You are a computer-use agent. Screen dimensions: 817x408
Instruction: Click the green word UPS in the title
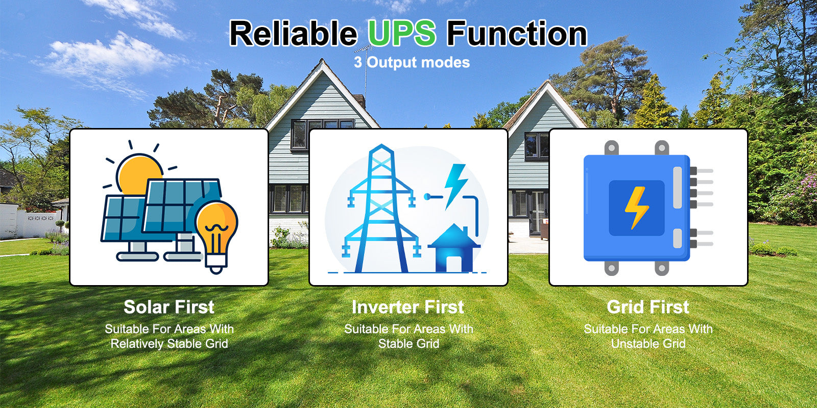(402, 33)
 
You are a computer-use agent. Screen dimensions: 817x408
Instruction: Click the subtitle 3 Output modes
(412, 62)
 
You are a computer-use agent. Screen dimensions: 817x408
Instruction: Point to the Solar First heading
(169, 307)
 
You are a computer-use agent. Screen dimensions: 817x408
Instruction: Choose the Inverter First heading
(408, 307)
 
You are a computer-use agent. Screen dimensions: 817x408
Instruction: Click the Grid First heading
(648, 307)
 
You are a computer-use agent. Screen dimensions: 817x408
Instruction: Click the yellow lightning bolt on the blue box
(636, 208)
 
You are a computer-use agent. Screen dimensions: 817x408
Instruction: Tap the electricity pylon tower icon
(381, 210)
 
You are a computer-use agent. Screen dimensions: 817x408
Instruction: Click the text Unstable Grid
(648, 344)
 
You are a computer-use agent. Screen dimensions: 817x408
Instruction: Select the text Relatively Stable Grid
(169, 344)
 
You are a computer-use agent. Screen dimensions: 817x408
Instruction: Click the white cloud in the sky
(109, 58)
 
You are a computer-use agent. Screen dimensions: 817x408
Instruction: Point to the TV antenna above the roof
(366, 69)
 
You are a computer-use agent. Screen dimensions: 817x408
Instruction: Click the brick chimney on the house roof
(359, 100)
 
